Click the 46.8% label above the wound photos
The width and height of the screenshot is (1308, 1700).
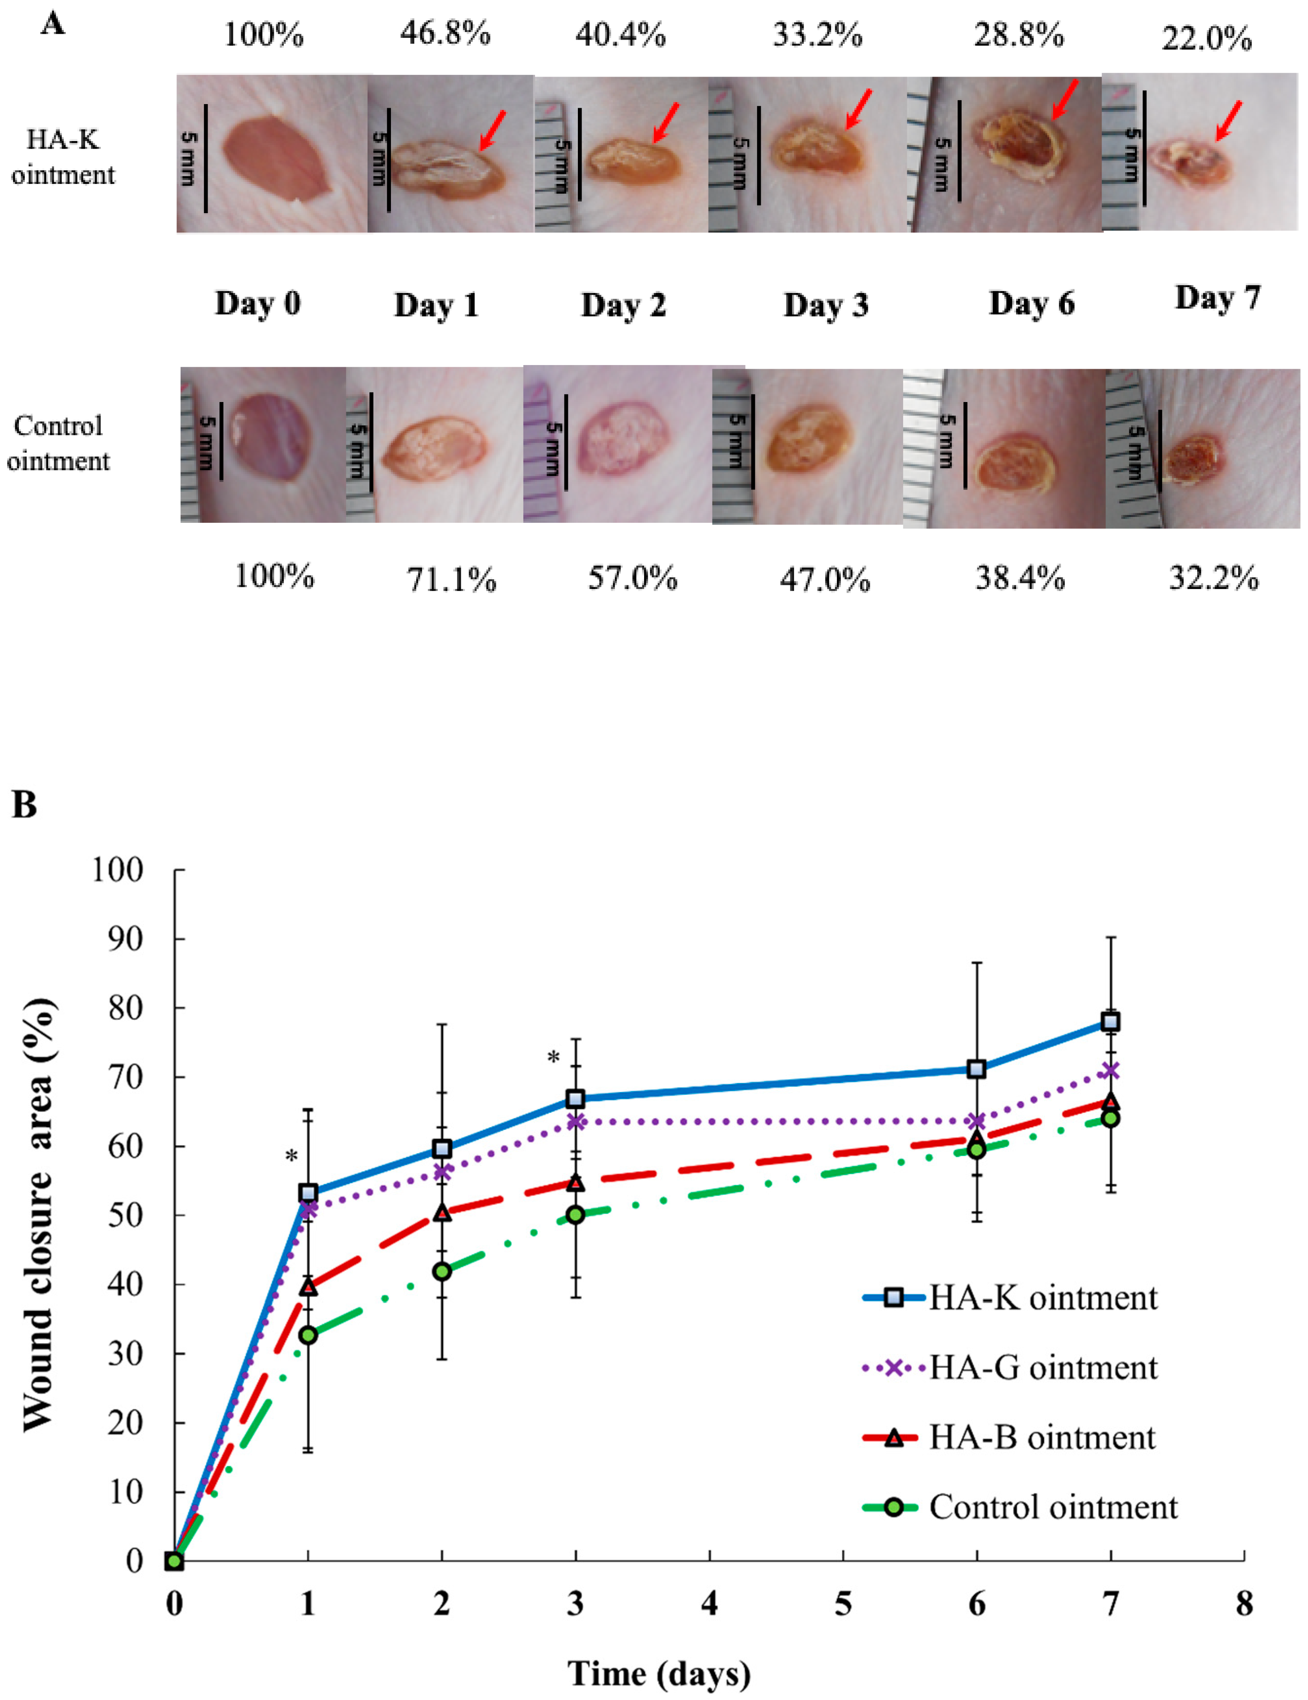pyautogui.click(x=445, y=35)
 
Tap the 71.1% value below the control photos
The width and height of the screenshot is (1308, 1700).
pyautogui.click(x=451, y=580)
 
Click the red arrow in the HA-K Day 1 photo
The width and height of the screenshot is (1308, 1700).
pyautogui.click(x=493, y=130)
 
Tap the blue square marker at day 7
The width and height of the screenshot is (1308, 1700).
pyautogui.click(x=1110, y=1021)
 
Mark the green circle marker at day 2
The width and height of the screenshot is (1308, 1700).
pyautogui.click(x=442, y=1271)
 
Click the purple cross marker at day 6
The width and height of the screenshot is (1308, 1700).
pyautogui.click(x=976, y=1122)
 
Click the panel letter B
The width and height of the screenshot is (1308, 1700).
pyautogui.click(x=24, y=804)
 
